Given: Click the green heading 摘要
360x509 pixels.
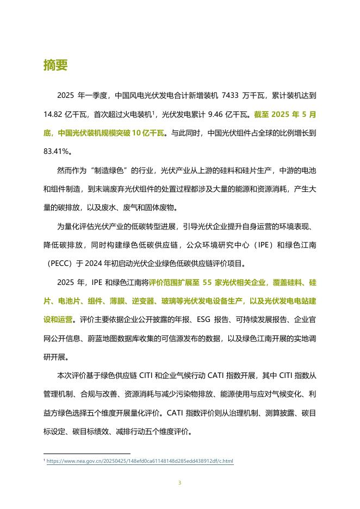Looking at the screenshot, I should point(55,65).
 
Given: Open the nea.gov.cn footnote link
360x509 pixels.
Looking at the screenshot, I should point(140,462).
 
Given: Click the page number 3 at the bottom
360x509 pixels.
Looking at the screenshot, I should point(179,482).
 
